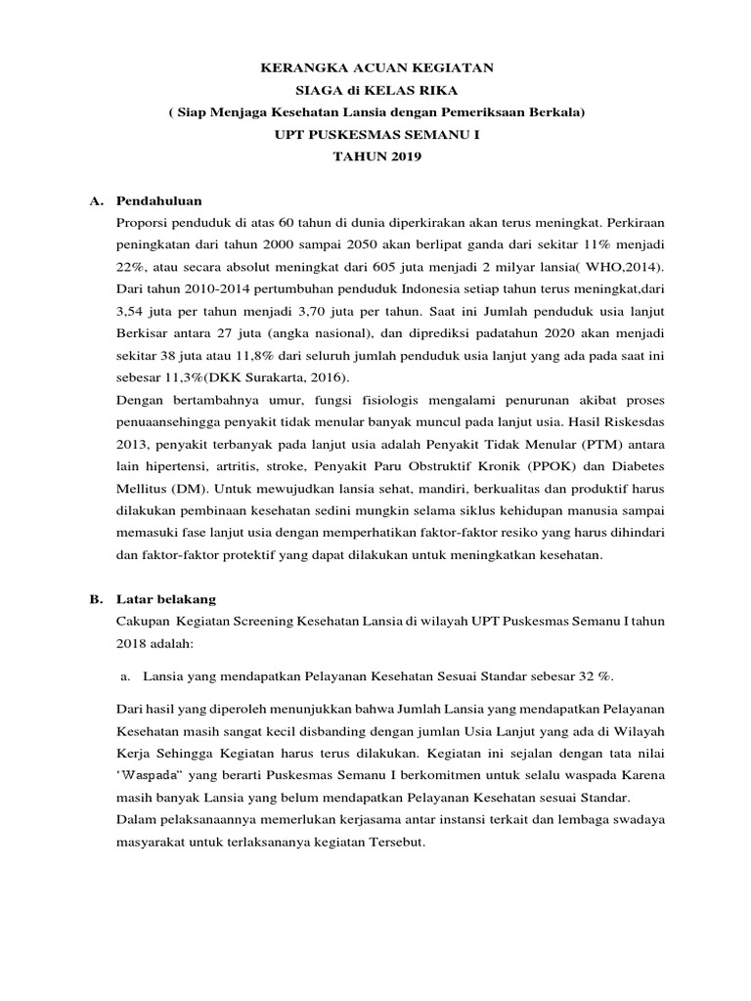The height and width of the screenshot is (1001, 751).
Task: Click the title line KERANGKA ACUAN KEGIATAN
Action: coord(375,67)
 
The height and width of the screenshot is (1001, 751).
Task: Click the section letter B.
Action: coord(96,598)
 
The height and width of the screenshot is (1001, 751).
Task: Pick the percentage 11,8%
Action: coord(258,356)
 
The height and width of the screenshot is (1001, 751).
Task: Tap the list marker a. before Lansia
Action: coord(124,675)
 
